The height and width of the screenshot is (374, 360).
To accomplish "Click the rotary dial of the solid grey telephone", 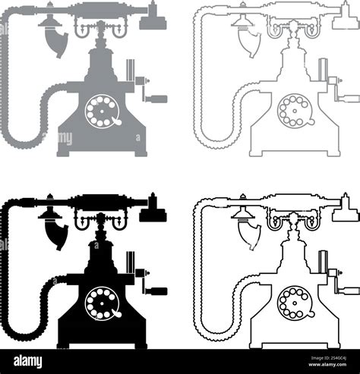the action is (102, 111).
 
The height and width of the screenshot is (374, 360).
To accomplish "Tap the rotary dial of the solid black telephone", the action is (102, 303).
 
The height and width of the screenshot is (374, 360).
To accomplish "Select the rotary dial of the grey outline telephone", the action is (295, 111).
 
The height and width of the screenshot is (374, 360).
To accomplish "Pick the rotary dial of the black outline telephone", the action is (295, 303).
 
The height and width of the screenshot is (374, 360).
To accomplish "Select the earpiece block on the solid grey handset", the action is (153, 22).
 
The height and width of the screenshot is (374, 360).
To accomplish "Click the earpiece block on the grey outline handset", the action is (346, 22).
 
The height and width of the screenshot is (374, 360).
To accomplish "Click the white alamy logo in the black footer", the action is (28, 361).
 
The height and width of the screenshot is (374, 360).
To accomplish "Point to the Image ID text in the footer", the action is (329, 358).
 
